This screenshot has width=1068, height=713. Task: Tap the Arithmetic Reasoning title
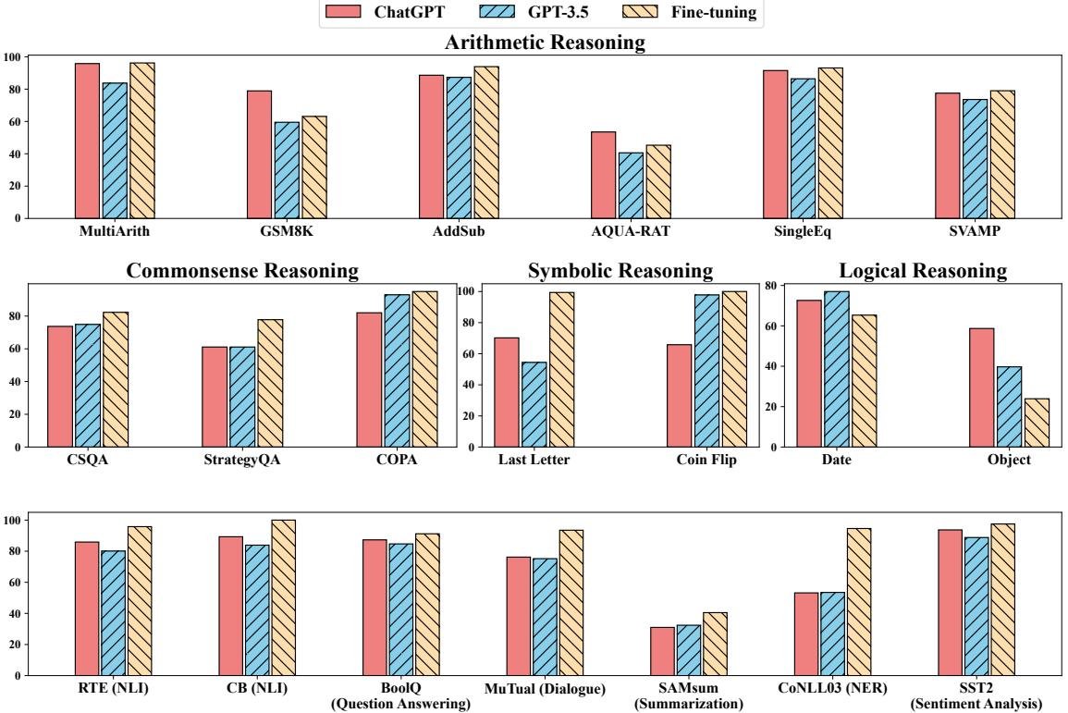click(545, 43)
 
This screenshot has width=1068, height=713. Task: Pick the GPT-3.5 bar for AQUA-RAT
click(631, 185)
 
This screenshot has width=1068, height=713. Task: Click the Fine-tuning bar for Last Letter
click(561, 369)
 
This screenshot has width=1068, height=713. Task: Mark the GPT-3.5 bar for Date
click(836, 369)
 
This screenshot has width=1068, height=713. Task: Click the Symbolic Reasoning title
click(620, 271)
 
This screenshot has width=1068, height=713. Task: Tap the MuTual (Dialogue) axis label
click(546, 689)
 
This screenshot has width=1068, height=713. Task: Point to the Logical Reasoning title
click(923, 271)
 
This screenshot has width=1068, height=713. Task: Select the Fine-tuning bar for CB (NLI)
click(284, 597)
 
